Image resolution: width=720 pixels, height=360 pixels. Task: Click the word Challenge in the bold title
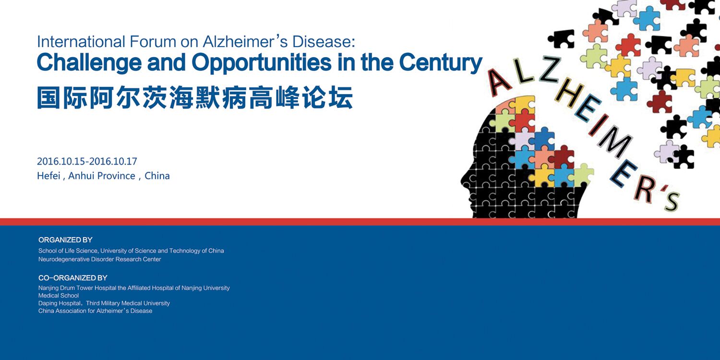(89, 63)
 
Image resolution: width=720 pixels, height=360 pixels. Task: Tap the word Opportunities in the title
(261, 63)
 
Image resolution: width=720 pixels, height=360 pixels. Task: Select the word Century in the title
(441, 63)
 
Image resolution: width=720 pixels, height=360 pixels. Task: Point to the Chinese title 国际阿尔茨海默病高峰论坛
(195, 97)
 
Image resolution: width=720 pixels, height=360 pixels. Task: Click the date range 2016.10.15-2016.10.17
(87, 161)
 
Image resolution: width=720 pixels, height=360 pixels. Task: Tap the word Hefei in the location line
(48, 176)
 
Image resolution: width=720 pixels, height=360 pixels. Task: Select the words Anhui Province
(102, 176)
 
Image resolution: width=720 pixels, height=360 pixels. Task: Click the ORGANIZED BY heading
(65, 240)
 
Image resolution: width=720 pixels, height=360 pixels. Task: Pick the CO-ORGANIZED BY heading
(72, 278)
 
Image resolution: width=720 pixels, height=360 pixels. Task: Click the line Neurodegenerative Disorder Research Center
(100, 259)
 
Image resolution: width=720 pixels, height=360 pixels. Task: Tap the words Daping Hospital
(60, 303)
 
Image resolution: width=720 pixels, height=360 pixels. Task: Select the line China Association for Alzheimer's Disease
(95, 311)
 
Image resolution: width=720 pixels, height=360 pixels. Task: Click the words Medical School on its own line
(59, 295)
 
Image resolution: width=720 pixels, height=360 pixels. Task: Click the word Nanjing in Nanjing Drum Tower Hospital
(48, 288)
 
